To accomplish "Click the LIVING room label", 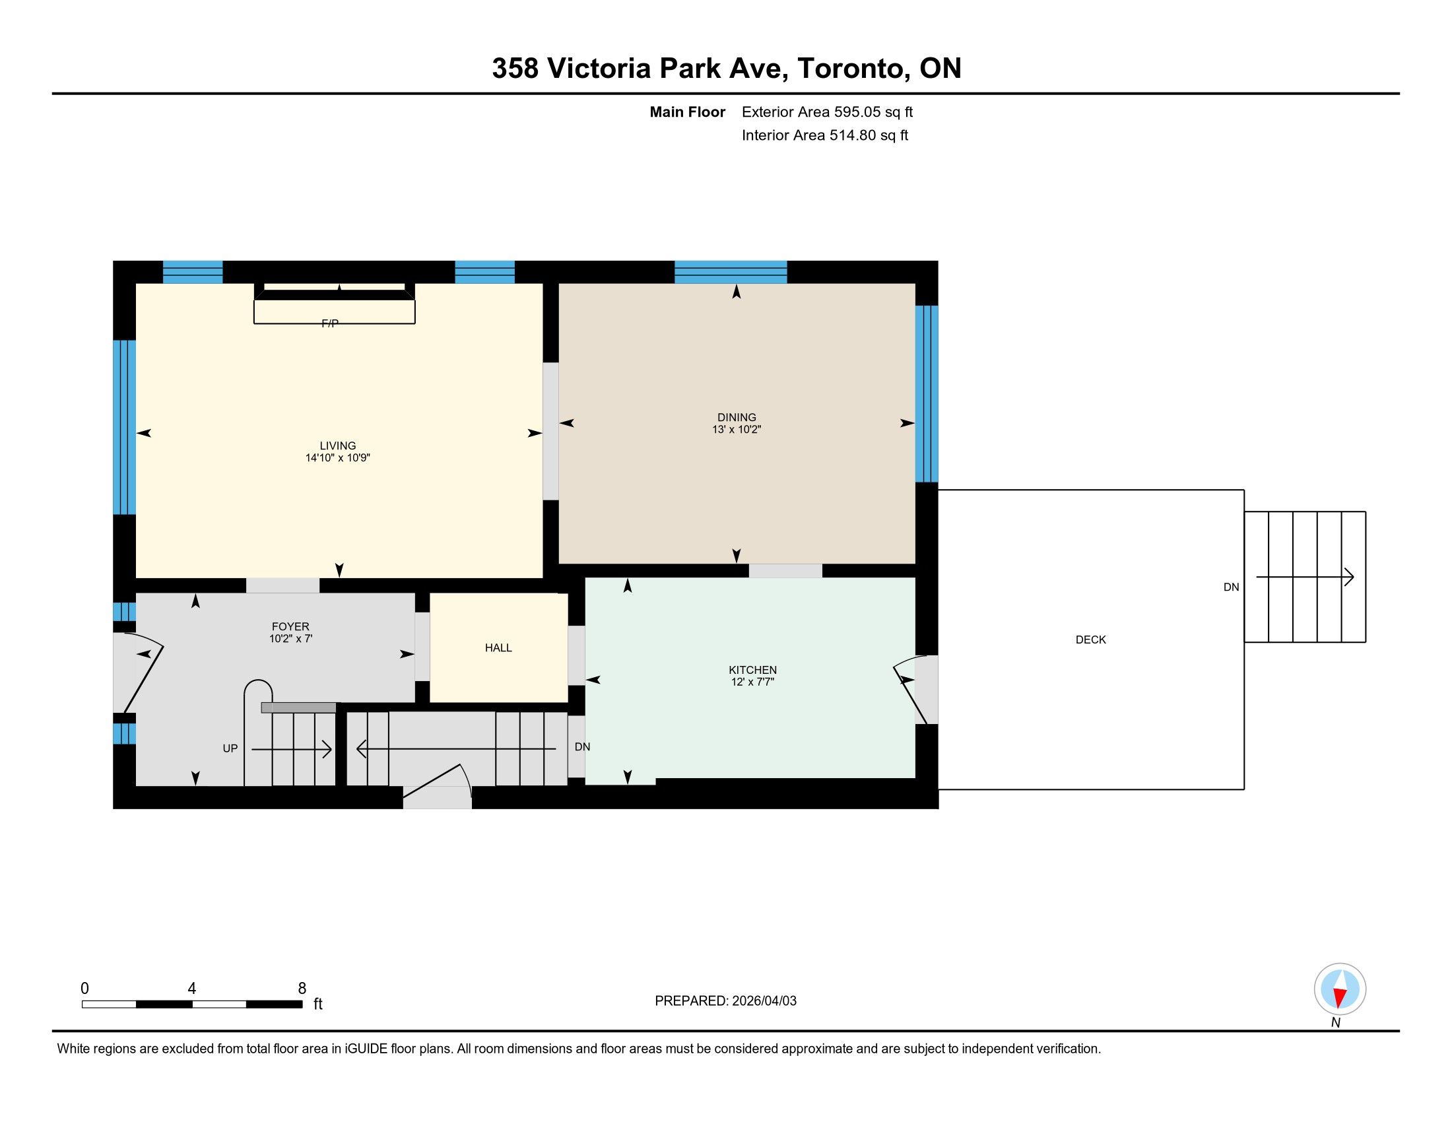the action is click(338, 446).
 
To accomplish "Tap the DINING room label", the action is click(737, 417).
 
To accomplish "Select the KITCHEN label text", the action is click(752, 670).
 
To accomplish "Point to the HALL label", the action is click(498, 648).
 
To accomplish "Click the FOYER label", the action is click(290, 627).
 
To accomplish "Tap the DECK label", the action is click(1091, 640).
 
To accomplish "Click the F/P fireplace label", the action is click(330, 323).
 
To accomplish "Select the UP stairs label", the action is click(230, 748).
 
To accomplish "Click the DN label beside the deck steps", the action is click(1232, 587).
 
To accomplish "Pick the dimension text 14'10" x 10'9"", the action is click(338, 458).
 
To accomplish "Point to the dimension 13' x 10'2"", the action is click(737, 430).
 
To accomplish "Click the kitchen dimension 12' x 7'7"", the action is click(752, 682).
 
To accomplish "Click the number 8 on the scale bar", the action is click(302, 989).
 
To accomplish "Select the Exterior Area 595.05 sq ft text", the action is click(827, 112).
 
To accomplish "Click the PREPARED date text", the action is click(725, 1001).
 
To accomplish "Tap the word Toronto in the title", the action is click(853, 69).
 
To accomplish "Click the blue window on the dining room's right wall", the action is click(927, 393).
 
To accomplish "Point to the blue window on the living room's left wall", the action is click(124, 428).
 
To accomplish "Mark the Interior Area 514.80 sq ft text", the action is click(825, 135).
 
